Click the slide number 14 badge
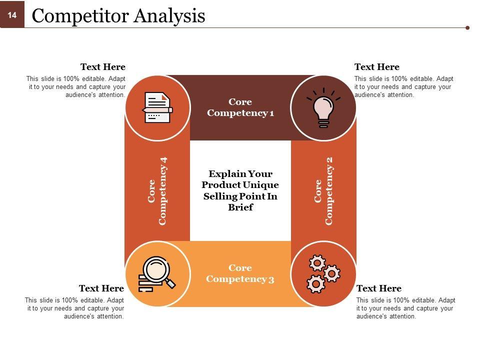(x=12, y=14)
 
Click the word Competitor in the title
(x=81, y=15)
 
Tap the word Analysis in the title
(x=169, y=16)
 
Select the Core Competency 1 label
(x=240, y=107)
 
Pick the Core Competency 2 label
(x=323, y=191)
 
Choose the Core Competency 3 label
(x=240, y=273)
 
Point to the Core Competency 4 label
(x=157, y=191)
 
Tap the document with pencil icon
(x=157, y=108)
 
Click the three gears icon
(x=323, y=273)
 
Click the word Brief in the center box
(x=240, y=207)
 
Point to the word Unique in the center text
(x=260, y=185)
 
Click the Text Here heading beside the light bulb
(x=377, y=66)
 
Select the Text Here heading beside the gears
(x=379, y=288)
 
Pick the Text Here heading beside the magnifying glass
(x=101, y=288)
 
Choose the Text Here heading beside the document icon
(x=103, y=66)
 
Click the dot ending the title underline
(x=467, y=28)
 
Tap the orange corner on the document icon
(x=165, y=97)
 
